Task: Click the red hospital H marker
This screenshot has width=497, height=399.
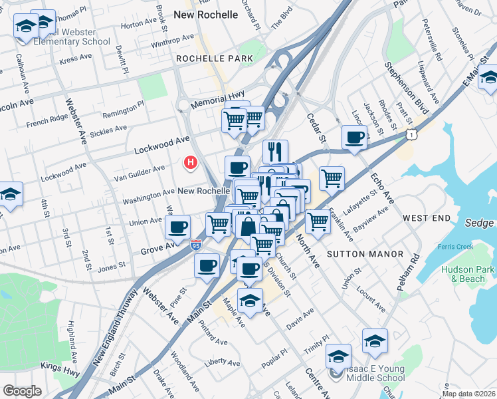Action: [191, 162]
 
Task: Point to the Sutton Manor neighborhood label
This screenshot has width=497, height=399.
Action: [365, 254]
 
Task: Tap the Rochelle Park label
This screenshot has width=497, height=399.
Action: [215, 59]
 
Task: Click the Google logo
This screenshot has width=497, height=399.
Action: [22, 390]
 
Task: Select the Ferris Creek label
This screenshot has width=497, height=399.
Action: [455, 247]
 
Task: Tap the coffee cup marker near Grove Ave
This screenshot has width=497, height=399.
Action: [177, 228]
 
